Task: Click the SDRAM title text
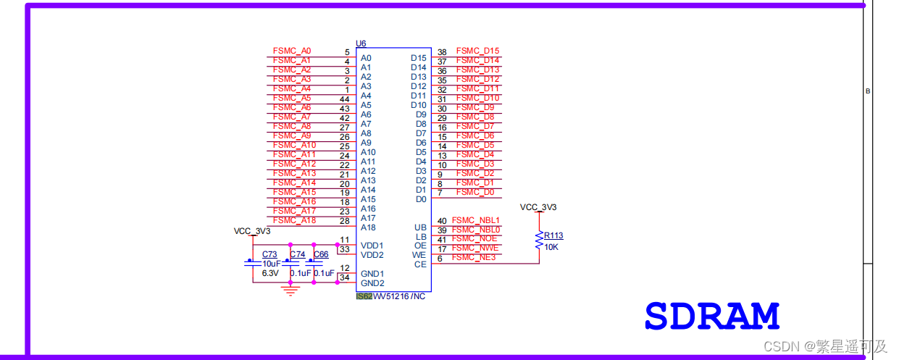pyautogui.click(x=711, y=317)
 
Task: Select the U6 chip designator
pyautogui.click(x=361, y=44)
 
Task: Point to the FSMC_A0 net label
pyautogui.click(x=292, y=51)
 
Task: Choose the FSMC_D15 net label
pyautogui.click(x=478, y=51)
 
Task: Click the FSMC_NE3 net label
pyautogui.click(x=474, y=257)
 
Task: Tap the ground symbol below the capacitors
pyautogui.click(x=290, y=290)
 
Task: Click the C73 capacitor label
pyautogui.click(x=269, y=254)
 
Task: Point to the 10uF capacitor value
pyautogui.click(x=270, y=264)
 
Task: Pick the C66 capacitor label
pyautogui.click(x=321, y=254)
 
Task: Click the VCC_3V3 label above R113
pyautogui.click(x=538, y=207)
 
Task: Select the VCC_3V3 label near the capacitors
pyautogui.click(x=252, y=231)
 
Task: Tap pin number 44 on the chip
pyautogui.click(x=345, y=99)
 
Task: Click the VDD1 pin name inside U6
pyautogui.click(x=372, y=246)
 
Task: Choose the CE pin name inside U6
pyautogui.click(x=420, y=264)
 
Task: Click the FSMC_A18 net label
pyautogui.click(x=294, y=220)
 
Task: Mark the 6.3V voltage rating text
pyautogui.click(x=270, y=273)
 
